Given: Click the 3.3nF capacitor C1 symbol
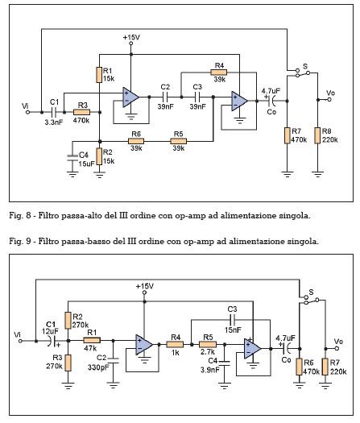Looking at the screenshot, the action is point(54,112).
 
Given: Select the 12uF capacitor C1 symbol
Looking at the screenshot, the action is point(52,341).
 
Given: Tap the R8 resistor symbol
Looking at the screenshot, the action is point(317,135).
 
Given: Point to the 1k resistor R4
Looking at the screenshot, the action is point(175,344).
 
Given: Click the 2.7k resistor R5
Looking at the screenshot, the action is point(208,344).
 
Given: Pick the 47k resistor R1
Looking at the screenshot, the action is point(92,341).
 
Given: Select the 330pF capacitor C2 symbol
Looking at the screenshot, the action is point(113,360).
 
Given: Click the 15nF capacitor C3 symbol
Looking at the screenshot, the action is point(232,320).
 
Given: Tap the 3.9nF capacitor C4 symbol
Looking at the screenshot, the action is point(224,363).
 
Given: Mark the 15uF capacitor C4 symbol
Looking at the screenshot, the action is point(72,158).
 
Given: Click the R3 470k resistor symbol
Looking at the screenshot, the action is point(81,112).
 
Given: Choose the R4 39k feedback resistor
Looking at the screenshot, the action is point(219,73).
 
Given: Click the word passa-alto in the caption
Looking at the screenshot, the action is point(88,216).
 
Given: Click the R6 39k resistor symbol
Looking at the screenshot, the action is point(136,141).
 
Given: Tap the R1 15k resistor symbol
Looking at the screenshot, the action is point(99,75).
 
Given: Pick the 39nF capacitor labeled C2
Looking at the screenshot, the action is point(165,97).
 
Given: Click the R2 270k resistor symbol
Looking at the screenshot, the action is point(68,320).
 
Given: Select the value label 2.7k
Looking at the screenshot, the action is point(208,352).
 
